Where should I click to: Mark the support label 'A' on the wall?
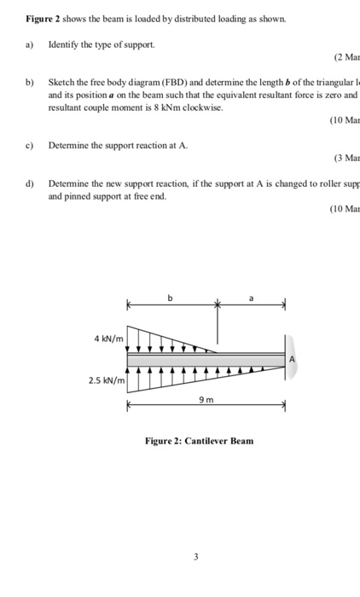(293, 359)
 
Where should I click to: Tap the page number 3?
(195, 557)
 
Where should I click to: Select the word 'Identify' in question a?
(66, 42)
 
